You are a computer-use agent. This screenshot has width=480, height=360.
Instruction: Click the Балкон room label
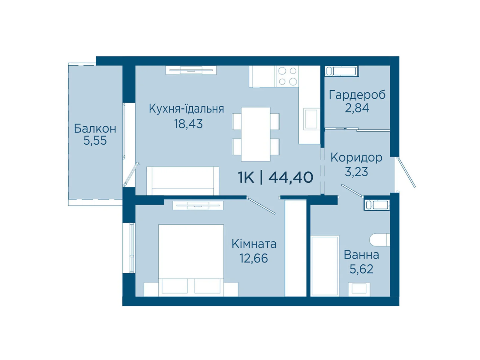(95, 128)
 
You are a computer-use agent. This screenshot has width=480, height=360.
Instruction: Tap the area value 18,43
(188, 124)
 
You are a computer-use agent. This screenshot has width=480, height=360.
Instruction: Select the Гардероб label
(357, 95)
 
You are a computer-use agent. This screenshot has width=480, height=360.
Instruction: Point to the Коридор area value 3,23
(356, 172)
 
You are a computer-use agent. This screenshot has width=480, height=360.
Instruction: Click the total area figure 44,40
(291, 177)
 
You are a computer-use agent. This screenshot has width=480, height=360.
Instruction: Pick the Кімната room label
(254, 244)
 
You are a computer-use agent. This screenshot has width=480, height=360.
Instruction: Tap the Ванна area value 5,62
(361, 269)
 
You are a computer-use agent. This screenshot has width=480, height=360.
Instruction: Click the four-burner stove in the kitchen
(287, 76)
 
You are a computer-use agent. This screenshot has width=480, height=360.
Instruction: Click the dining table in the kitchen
(256, 134)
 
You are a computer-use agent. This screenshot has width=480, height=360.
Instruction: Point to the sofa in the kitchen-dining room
(183, 181)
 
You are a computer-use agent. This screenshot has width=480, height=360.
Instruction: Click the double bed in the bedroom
(191, 260)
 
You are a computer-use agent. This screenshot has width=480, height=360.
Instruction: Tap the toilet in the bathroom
(380, 240)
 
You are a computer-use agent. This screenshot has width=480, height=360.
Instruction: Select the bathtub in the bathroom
(325, 266)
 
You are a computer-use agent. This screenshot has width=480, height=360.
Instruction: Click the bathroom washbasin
(359, 289)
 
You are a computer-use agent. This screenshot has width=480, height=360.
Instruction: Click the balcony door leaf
(131, 174)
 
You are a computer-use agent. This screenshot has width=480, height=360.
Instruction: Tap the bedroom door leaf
(261, 205)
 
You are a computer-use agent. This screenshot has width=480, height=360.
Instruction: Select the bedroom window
(131, 248)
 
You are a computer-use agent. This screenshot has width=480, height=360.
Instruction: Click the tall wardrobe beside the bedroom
(295, 248)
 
